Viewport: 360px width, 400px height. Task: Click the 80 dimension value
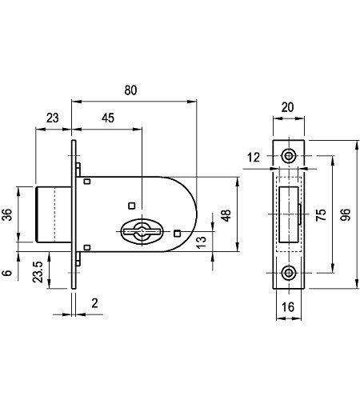130,90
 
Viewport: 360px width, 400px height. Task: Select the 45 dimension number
108,118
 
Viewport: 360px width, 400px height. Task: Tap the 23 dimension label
53,118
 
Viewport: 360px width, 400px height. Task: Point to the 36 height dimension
8,214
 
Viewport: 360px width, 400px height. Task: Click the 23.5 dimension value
38,272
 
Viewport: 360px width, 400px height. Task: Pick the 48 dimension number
226,215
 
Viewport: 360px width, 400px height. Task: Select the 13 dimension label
202,242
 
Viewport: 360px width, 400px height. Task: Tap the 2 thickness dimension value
94,303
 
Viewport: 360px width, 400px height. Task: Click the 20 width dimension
288,107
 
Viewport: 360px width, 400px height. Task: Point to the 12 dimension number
254,158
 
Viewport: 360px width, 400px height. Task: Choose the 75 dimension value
321,215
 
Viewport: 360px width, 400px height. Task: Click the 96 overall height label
346,214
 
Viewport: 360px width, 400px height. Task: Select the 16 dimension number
288,307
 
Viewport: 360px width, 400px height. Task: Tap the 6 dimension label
7,273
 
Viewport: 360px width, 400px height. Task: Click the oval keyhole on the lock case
142,231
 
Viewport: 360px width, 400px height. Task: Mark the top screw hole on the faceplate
289,156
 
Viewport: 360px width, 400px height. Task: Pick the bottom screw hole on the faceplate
289,273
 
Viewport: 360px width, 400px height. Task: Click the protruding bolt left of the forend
54,214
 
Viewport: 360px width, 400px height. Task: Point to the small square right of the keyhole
178,234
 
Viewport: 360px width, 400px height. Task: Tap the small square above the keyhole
132,206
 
